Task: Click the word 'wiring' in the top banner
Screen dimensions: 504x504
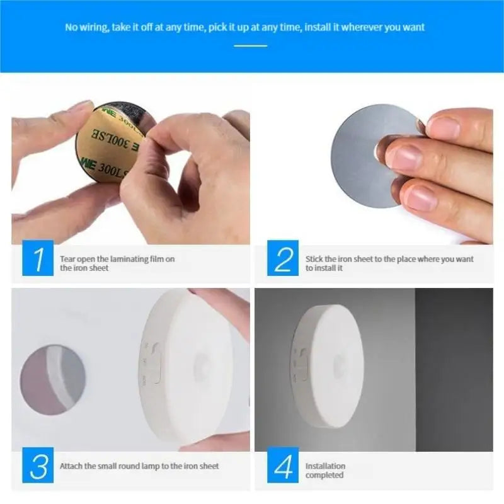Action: [94, 27]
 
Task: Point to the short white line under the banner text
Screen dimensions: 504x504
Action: [251, 45]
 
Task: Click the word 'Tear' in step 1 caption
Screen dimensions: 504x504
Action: [67, 258]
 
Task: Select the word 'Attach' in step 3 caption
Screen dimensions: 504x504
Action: [71, 466]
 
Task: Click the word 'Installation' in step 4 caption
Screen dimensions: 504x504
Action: [325, 466]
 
